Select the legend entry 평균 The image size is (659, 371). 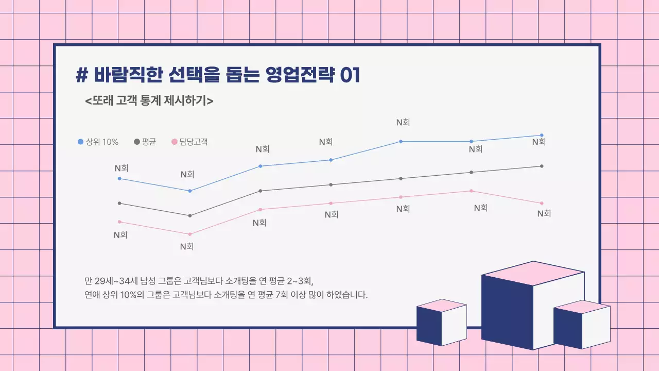[145, 142]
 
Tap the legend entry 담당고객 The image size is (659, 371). [189, 142]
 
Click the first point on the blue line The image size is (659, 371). [119, 178]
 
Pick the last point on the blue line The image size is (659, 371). [542, 135]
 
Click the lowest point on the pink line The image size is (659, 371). [190, 234]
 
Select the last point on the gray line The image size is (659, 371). [542, 166]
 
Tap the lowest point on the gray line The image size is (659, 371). [190, 215]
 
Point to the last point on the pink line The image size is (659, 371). [542, 203]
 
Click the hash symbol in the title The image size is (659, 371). [81, 75]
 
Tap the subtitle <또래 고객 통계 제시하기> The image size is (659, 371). [149, 100]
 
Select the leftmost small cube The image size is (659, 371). [441, 323]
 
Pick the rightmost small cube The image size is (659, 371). [582, 325]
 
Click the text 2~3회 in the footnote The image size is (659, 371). [300, 281]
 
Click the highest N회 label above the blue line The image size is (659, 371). [403, 123]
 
